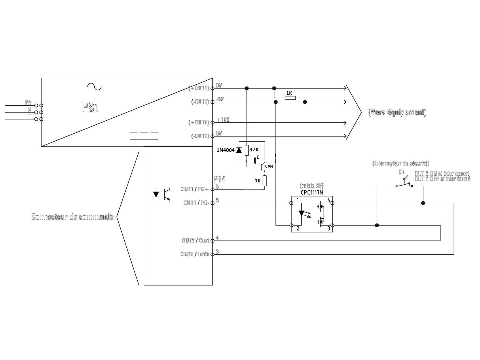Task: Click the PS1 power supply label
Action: click(x=91, y=107)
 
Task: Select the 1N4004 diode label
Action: click(x=225, y=150)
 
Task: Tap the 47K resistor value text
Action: click(x=254, y=149)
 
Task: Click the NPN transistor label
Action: click(x=269, y=166)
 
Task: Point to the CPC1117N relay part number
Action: click(x=312, y=192)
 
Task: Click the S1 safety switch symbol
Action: click(x=404, y=183)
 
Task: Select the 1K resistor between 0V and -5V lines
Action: click(x=290, y=98)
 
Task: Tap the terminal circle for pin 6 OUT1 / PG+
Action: click(x=213, y=189)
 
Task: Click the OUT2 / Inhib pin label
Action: click(x=195, y=254)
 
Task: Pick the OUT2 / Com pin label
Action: click(x=196, y=240)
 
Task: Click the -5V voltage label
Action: click(x=220, y=99)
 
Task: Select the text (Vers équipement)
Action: click(x=397, y=112)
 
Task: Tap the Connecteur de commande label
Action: click(x=72, y=217)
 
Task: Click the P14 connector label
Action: click(x=219, y=179)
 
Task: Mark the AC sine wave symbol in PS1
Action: click(x=94, y=86)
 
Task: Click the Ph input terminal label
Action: click(x=28, y=103)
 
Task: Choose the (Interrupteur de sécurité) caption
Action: click(x=401, y=163)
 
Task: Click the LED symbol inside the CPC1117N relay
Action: click(x=301, y=213)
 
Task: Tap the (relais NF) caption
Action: click(x=312, y=186)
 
